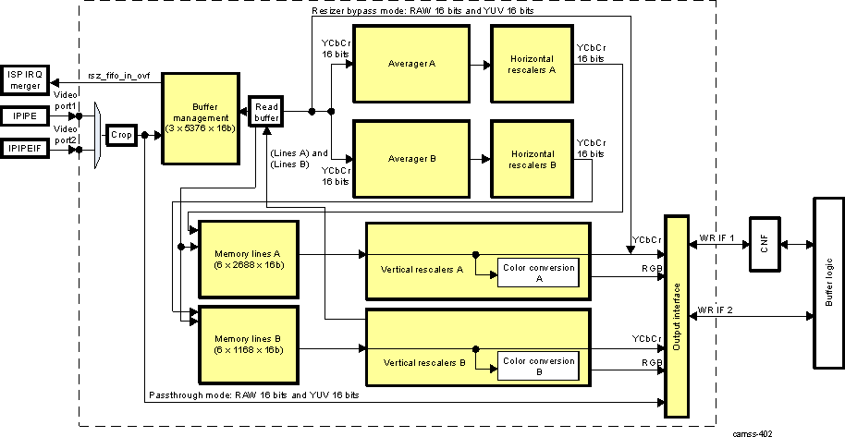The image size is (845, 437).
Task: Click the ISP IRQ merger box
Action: [26, 80]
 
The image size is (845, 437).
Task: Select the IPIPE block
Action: [26, 116]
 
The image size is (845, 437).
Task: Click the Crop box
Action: [120, 135]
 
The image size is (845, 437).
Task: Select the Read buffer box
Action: [265, 112]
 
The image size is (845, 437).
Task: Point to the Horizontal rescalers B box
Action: [532, 159]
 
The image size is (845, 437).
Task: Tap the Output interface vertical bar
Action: [677, 315]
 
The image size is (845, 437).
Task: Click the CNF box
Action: [764, 244]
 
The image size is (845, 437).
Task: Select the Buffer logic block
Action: [827, 282]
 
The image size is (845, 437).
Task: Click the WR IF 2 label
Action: [715, 309]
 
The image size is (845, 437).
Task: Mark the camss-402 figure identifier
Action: [753, 431]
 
